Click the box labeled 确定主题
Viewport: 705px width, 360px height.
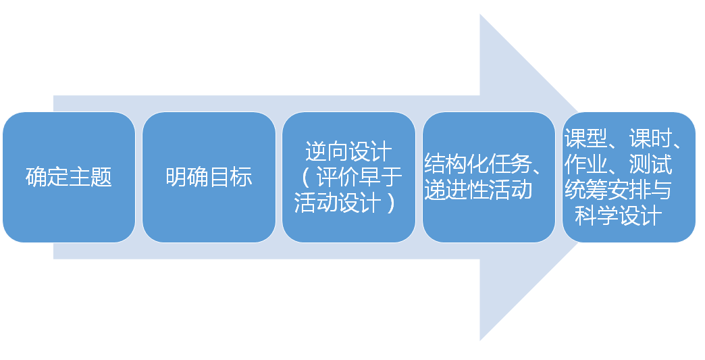[x=69, y=177]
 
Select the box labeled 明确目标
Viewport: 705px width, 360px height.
[x=209, y=177]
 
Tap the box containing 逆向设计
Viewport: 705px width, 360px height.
[x=349, y=177]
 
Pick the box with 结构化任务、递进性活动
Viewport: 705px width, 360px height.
[x=489, y=177]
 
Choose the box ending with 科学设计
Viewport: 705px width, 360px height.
[x=629, y=177]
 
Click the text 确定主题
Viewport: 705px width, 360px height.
[x=69, y=177]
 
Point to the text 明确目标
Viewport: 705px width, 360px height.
[x=209, y=177]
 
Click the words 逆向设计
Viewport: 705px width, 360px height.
[x=349, y=151]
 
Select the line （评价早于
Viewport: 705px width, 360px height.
[x=349, y=177]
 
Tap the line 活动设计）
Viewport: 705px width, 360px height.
[x=345, y=203]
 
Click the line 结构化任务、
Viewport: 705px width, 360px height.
[x=484, y=164]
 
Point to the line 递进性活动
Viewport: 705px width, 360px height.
[x=478, y=190]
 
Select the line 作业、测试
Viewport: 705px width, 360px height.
[x=619, y=164]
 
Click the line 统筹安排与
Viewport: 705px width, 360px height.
[x=619, y=190]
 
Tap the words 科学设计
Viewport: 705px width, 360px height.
[x=619, y=215]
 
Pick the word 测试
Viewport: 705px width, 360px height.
[x=651, y=164]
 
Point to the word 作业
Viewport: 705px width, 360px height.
[x=586, y=164]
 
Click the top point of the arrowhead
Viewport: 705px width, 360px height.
[x=480, y=14]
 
